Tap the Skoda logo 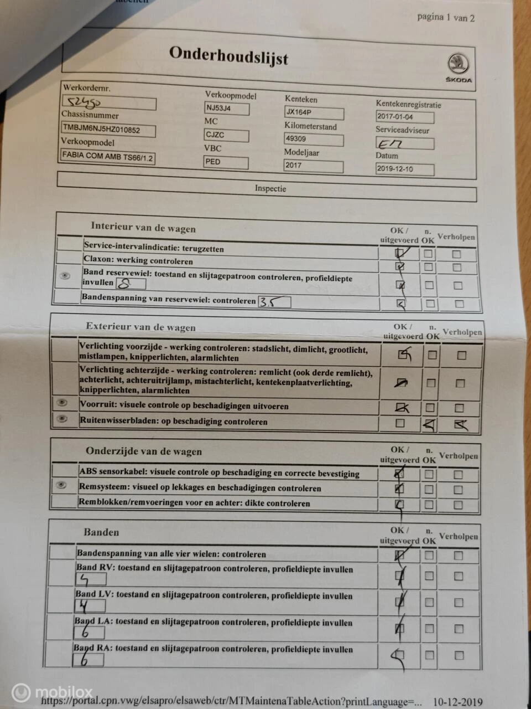(x=458, y=68)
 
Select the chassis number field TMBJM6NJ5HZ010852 (x=108, y=130)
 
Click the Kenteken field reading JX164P (x=314, y=112)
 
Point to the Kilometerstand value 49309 (x=314, y=139)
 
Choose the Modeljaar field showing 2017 (x=314, y=166)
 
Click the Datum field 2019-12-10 (x=404, y=169)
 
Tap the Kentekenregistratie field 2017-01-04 (x=404, y=117)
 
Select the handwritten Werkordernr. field (x=108, y=102)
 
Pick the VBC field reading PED (x=226, y=162)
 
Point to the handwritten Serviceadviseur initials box (x=404, y=143)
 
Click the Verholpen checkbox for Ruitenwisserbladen (x=460, y=425)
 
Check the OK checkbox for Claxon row (x=400, y=267)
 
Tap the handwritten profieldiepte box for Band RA (x=88, y=660)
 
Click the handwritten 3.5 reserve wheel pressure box (x=274, y=302)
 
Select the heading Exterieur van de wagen (x=140, y=327)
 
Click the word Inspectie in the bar (x=270, y=188)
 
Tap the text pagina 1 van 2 (x=446, y=17)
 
